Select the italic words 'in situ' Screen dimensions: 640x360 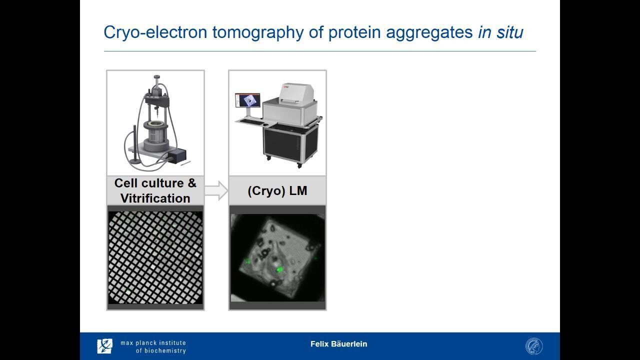500,32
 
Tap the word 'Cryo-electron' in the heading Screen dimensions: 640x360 155,32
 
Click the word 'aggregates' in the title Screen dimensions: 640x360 429,33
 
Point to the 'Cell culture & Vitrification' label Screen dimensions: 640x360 155,190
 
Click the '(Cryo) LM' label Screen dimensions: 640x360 277,191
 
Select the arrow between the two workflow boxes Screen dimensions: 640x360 216,190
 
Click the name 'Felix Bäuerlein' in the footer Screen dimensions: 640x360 338,343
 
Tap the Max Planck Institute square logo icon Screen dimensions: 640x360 104,346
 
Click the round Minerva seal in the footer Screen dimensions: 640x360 534,346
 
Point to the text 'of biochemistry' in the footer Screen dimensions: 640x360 161,350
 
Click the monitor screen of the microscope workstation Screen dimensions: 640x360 247,100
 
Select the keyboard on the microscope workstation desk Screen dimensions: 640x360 252,122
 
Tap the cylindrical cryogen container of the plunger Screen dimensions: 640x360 155,135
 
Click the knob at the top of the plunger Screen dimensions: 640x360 156,77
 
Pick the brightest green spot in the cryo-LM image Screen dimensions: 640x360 279,269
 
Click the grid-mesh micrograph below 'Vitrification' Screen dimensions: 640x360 155,257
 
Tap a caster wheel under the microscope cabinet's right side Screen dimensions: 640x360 299,165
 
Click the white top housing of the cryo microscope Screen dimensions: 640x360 296,93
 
